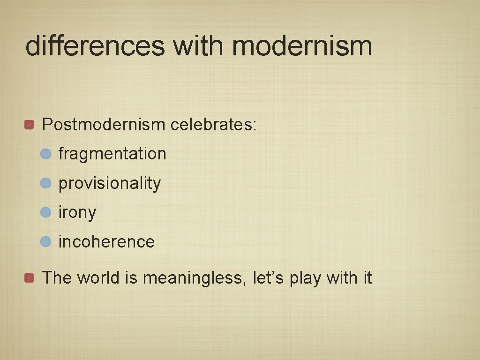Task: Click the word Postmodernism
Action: pos(104,125)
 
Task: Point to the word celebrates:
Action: pos(213,125)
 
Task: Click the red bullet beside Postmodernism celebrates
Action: pos(30,125)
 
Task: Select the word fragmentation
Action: pos(112,154)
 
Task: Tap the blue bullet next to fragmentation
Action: pos(45,154)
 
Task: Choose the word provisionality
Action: pos(109,183)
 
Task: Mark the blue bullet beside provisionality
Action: pos(45,183)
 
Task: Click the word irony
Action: pos(77,213)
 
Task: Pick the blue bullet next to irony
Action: pos(45,213)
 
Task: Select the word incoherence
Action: pos(106,242)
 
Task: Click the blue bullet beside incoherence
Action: pos(45,242)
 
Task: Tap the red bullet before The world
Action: pos(30,278)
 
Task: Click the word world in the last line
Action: pos(99,278)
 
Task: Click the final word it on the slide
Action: pos(366,278)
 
